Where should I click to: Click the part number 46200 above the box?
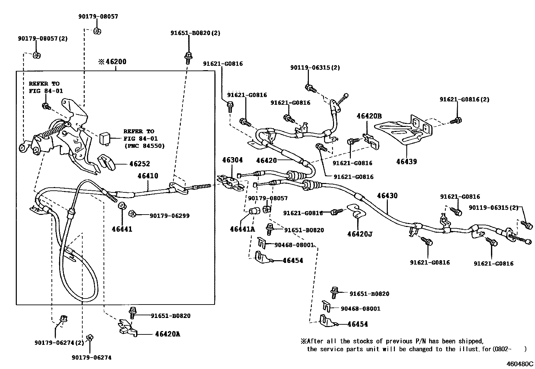(x=116, y=62)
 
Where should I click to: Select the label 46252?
(x=139, y=164)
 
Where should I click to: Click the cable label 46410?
(x=148, y=176)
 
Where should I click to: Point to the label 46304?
(x=232, y=160)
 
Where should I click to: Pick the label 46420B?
(x=369, y=116)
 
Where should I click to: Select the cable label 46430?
(x=387, y=195)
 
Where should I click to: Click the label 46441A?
(x=242, y=229)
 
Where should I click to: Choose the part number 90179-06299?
(x=169, y=216)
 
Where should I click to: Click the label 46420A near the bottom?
(x=167, y=334)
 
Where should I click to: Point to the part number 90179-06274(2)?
(x=59, y=342)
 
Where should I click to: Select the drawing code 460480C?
(x=520, y=363)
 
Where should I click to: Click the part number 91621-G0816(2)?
(x=464, y=99)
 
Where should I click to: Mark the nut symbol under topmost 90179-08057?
(x=97, y=31)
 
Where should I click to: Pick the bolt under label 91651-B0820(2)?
(x=188, y=57)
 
